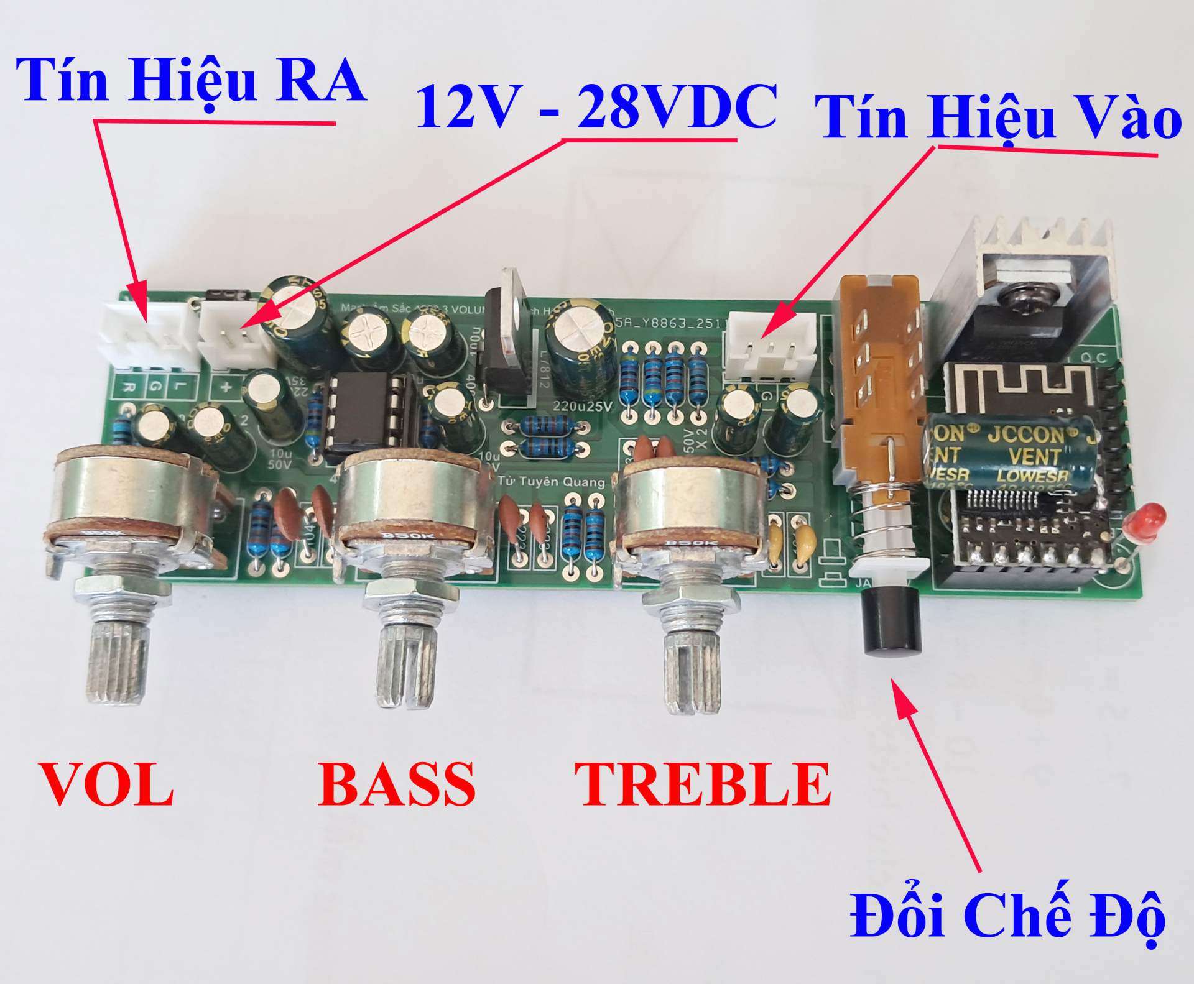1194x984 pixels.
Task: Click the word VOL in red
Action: click(106, 784)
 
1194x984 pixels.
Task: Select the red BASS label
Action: click(397, 784)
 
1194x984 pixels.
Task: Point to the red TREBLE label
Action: click(703, 784)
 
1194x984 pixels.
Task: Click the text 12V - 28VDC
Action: click(596, 107)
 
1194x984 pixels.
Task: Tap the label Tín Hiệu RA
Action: click(191, 81)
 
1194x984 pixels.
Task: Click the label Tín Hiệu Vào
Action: click(997, 118)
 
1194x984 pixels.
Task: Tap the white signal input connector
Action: click(770, 345)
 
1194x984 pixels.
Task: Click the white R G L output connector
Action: click(148, 339)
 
